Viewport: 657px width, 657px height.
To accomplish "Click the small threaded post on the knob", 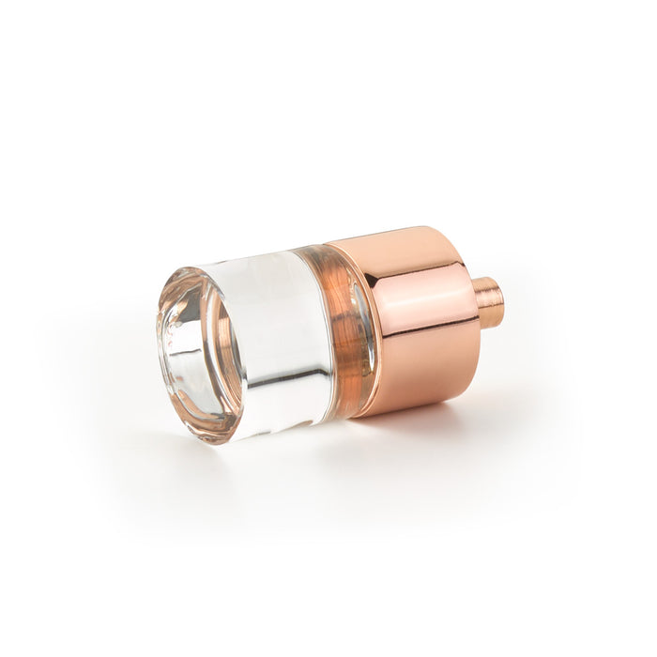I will [487, 302].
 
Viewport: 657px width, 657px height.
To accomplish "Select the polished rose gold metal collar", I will [413, 319].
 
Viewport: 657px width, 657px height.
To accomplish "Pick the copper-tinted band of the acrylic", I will [343, 328].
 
